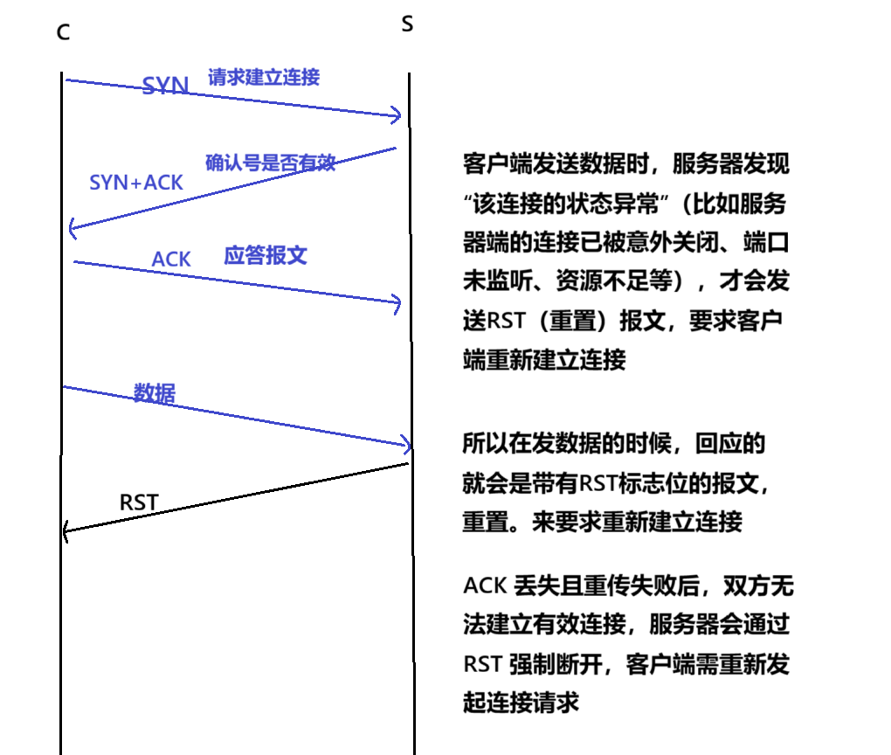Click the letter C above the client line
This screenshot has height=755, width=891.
coord(63,33)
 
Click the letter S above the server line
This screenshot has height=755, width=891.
coord(407,24)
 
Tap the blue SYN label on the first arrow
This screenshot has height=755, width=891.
coord(165,86)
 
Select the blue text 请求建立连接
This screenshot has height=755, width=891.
coord(264,77)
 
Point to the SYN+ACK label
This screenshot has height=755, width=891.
coord(136,182)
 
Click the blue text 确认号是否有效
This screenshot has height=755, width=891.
coord(270,163)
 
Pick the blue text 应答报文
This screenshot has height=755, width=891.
coord(266,256)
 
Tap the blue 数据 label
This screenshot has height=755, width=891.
coord(155,393)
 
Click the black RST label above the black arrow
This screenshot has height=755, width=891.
coord(139,502)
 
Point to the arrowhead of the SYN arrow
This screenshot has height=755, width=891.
coord(397,115)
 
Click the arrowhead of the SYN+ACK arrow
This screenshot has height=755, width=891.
coord(72,229)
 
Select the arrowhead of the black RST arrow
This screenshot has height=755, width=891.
coord(66,530)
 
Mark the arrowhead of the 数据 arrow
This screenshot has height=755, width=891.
coord(406,445)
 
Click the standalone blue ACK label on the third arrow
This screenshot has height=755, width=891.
coord(171,260)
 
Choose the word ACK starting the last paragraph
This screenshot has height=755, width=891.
coord(483,585)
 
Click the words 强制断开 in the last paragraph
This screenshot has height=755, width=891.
coord(560,664)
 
